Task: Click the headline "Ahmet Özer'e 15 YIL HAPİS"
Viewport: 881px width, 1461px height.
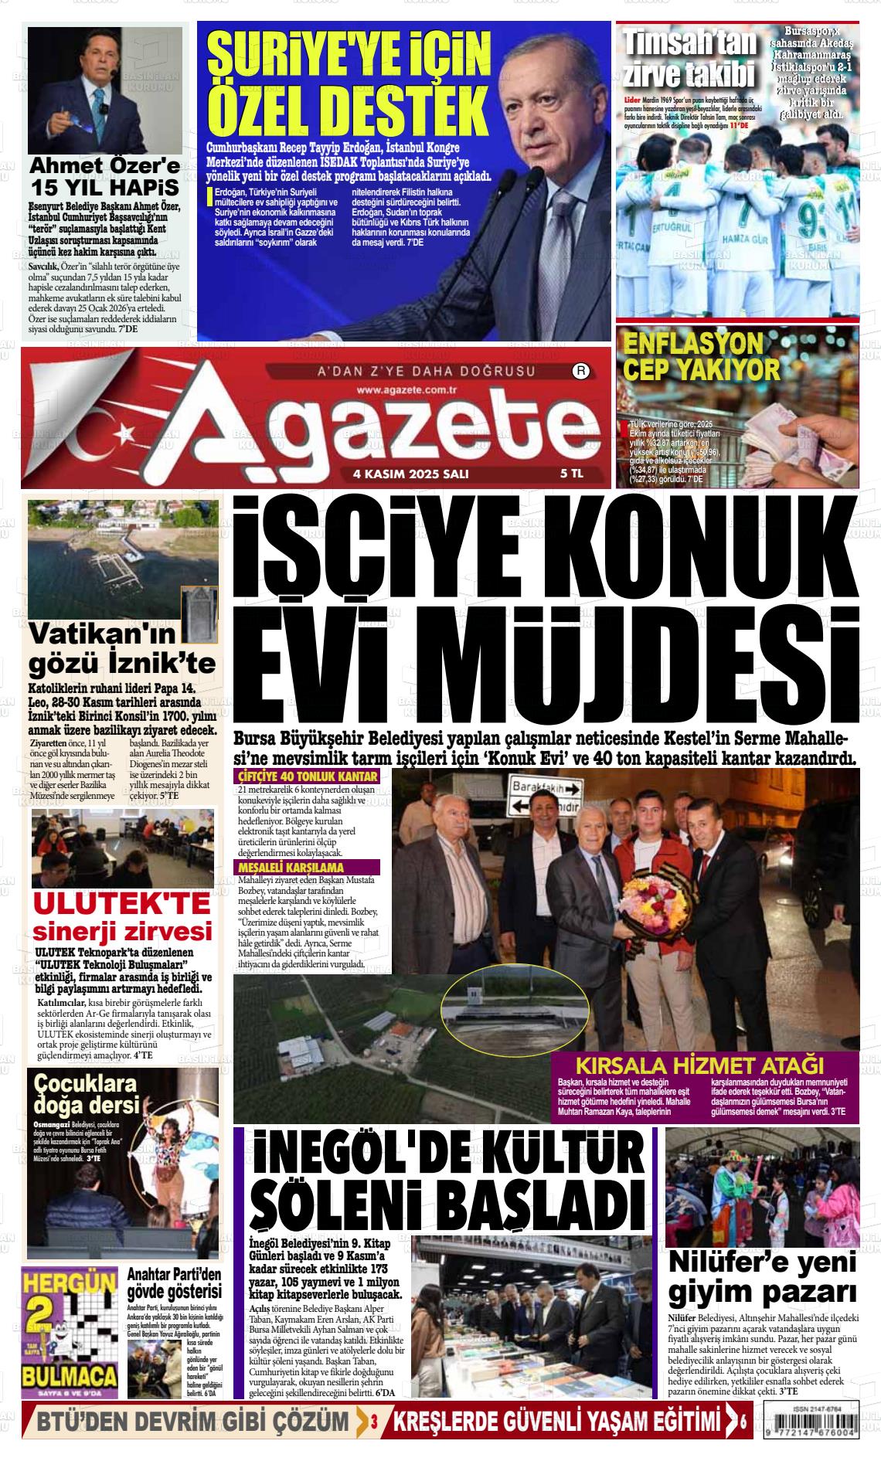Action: (104, 177)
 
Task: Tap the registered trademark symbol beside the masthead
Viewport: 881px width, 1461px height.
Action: (580, 372)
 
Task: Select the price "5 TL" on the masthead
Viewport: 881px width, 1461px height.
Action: (571, 474)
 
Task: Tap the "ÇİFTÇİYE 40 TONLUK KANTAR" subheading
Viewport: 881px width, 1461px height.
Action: (308, 776)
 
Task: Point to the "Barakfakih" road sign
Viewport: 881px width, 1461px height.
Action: (546, 789)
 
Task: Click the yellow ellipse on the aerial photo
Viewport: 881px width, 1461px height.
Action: (508, 1004)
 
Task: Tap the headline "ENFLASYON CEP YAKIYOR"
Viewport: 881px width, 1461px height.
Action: (701, 356)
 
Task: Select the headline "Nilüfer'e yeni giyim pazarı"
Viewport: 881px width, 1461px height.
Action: (762, 1276)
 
